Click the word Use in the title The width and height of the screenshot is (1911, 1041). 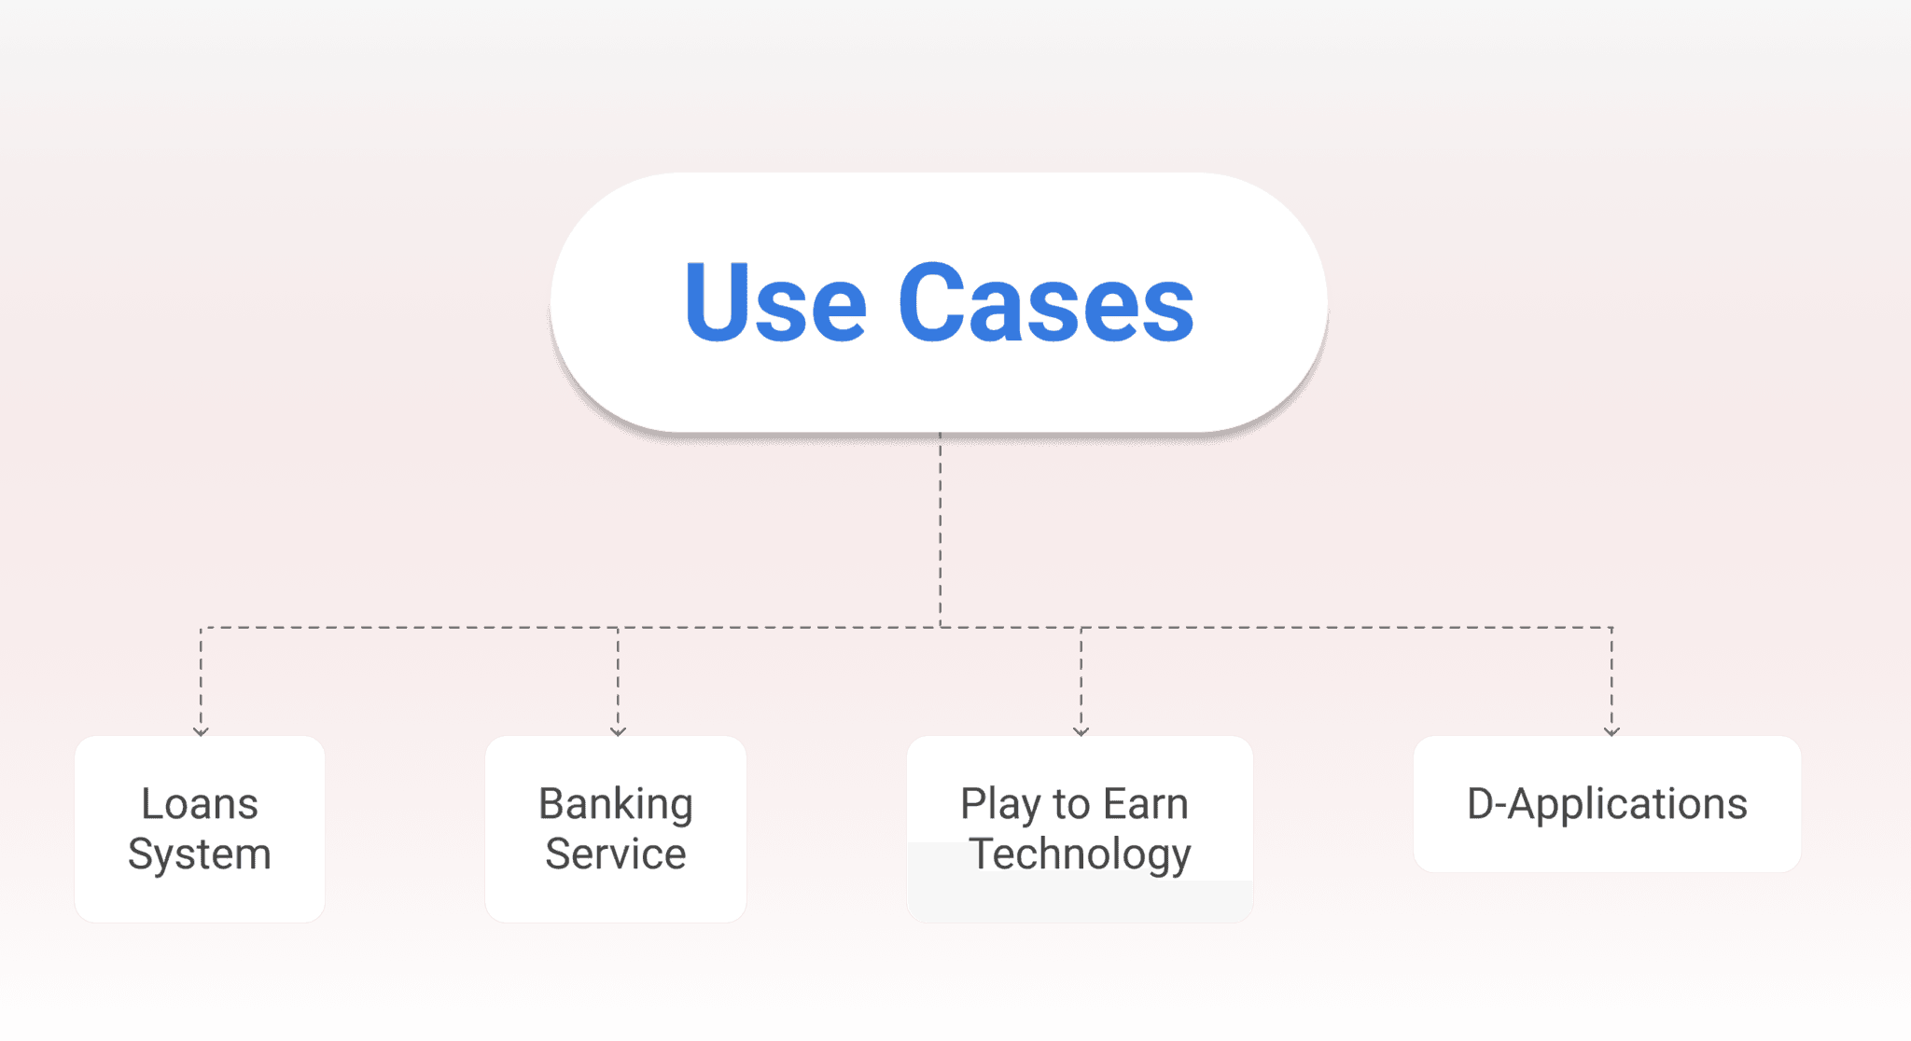[x=775, y=303]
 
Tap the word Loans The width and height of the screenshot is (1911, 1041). [x=199, y=804]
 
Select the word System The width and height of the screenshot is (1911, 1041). [x=199, y=854]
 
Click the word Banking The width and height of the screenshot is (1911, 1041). [x=616, y=804]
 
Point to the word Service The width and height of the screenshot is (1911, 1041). [x=616, y=854]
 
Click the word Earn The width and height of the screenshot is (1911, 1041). [x=1146, y=804]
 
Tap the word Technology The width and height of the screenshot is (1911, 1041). [x=1081, y=854]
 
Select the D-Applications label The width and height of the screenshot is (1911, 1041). [x=1607, y=804]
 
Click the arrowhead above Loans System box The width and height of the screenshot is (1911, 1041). [x=201, y=731]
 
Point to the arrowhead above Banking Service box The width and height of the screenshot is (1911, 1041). [x=618, y=731]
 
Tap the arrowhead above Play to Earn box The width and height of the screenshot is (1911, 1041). [x=1081, y=731]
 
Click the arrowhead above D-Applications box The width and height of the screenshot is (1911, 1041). [x=1611, y=731]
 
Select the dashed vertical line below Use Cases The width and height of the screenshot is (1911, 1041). [x=940, y=532]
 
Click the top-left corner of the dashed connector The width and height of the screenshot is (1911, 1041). [x=201, y=628]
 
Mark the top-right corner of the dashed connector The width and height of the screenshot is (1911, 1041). [x=1611, y=628]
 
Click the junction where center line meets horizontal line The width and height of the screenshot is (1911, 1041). [x=940, y=628]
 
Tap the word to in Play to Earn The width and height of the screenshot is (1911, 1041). [x=1071, y=804]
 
